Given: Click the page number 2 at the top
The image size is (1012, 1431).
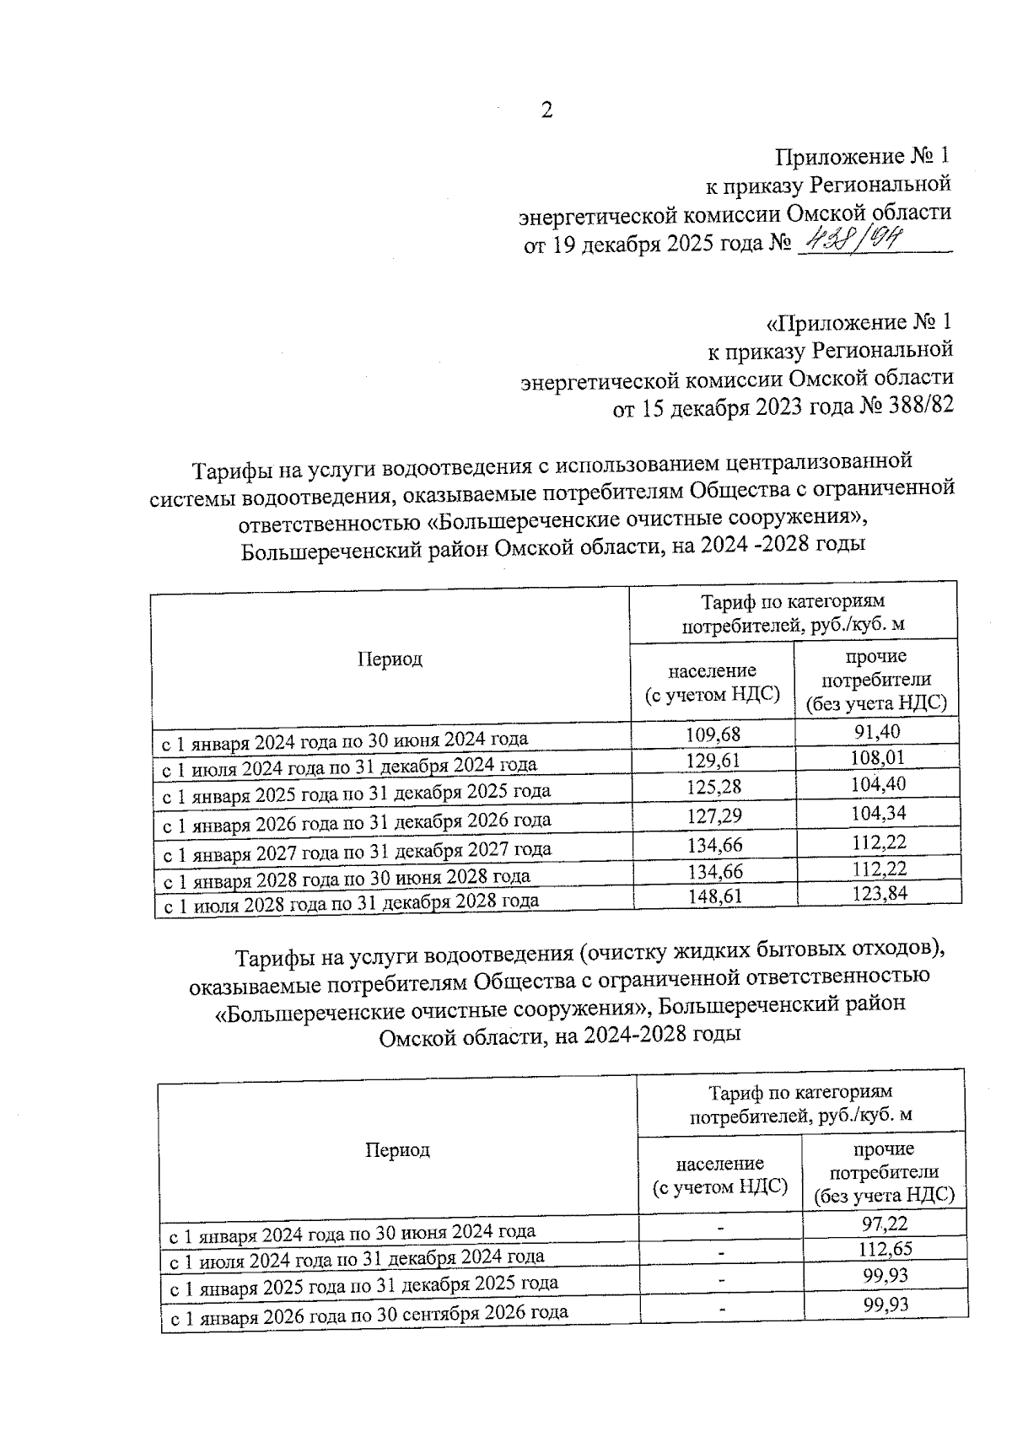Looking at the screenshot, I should tap(546, 110).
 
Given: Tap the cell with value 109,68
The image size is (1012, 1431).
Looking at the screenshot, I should tap(713, 734).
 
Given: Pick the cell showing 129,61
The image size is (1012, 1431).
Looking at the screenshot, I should tap(713, 761).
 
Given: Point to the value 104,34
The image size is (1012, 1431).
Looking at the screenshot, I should tap(879, 814).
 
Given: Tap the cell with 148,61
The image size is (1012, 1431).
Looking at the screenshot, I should tap(714, 896).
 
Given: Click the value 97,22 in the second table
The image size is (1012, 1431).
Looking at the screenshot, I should tap(885, 1223).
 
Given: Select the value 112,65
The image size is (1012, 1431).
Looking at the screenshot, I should tap(885, 1249).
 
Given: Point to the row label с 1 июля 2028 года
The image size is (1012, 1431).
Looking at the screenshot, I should tap(350, 901).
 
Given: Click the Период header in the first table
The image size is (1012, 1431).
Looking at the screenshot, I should tap(390, 659).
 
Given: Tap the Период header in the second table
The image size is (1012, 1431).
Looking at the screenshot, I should tap(397, 1150).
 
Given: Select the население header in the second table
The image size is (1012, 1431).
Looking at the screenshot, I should tap(720, 1175).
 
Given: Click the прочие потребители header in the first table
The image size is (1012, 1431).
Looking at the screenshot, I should tap(876, 680).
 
